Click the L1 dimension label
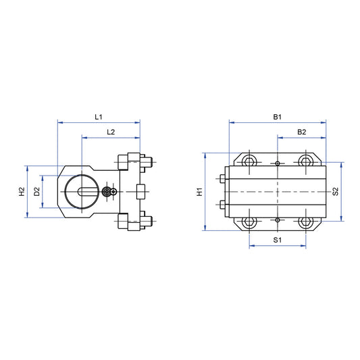coord(99,117)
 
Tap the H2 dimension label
coord(22,192)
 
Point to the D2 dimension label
coord(37,192)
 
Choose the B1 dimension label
coord(277,117)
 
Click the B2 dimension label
coord(301,132)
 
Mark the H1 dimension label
coord(199,192)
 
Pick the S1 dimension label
coord(277,240)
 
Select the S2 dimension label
coord(336,192)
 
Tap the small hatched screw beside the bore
coord(107,192)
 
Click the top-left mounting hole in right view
coord(249,161)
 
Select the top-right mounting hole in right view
coord(306,161)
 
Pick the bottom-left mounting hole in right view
coord(249,222)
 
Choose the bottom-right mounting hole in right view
coord(306,222)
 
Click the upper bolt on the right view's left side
coord(222,179)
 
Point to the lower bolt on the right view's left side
coord(222,205)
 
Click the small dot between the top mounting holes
coord(278,163)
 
